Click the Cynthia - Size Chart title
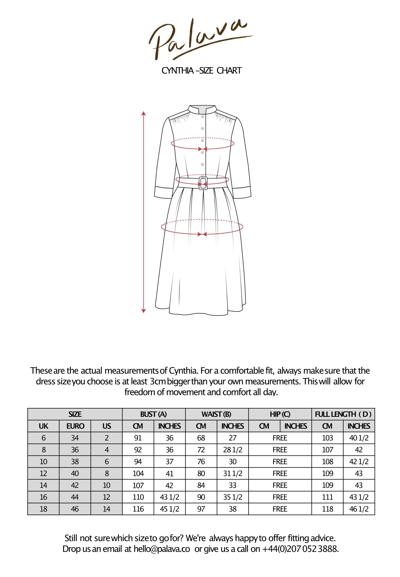point(202,71)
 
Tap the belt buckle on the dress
point(203,183)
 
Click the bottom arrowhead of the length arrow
point(144,311)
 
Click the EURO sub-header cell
point(75,426)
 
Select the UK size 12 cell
point(43,473)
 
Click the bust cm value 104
point(138,473)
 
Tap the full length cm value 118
point(327,509)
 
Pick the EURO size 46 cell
point(75,509)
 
